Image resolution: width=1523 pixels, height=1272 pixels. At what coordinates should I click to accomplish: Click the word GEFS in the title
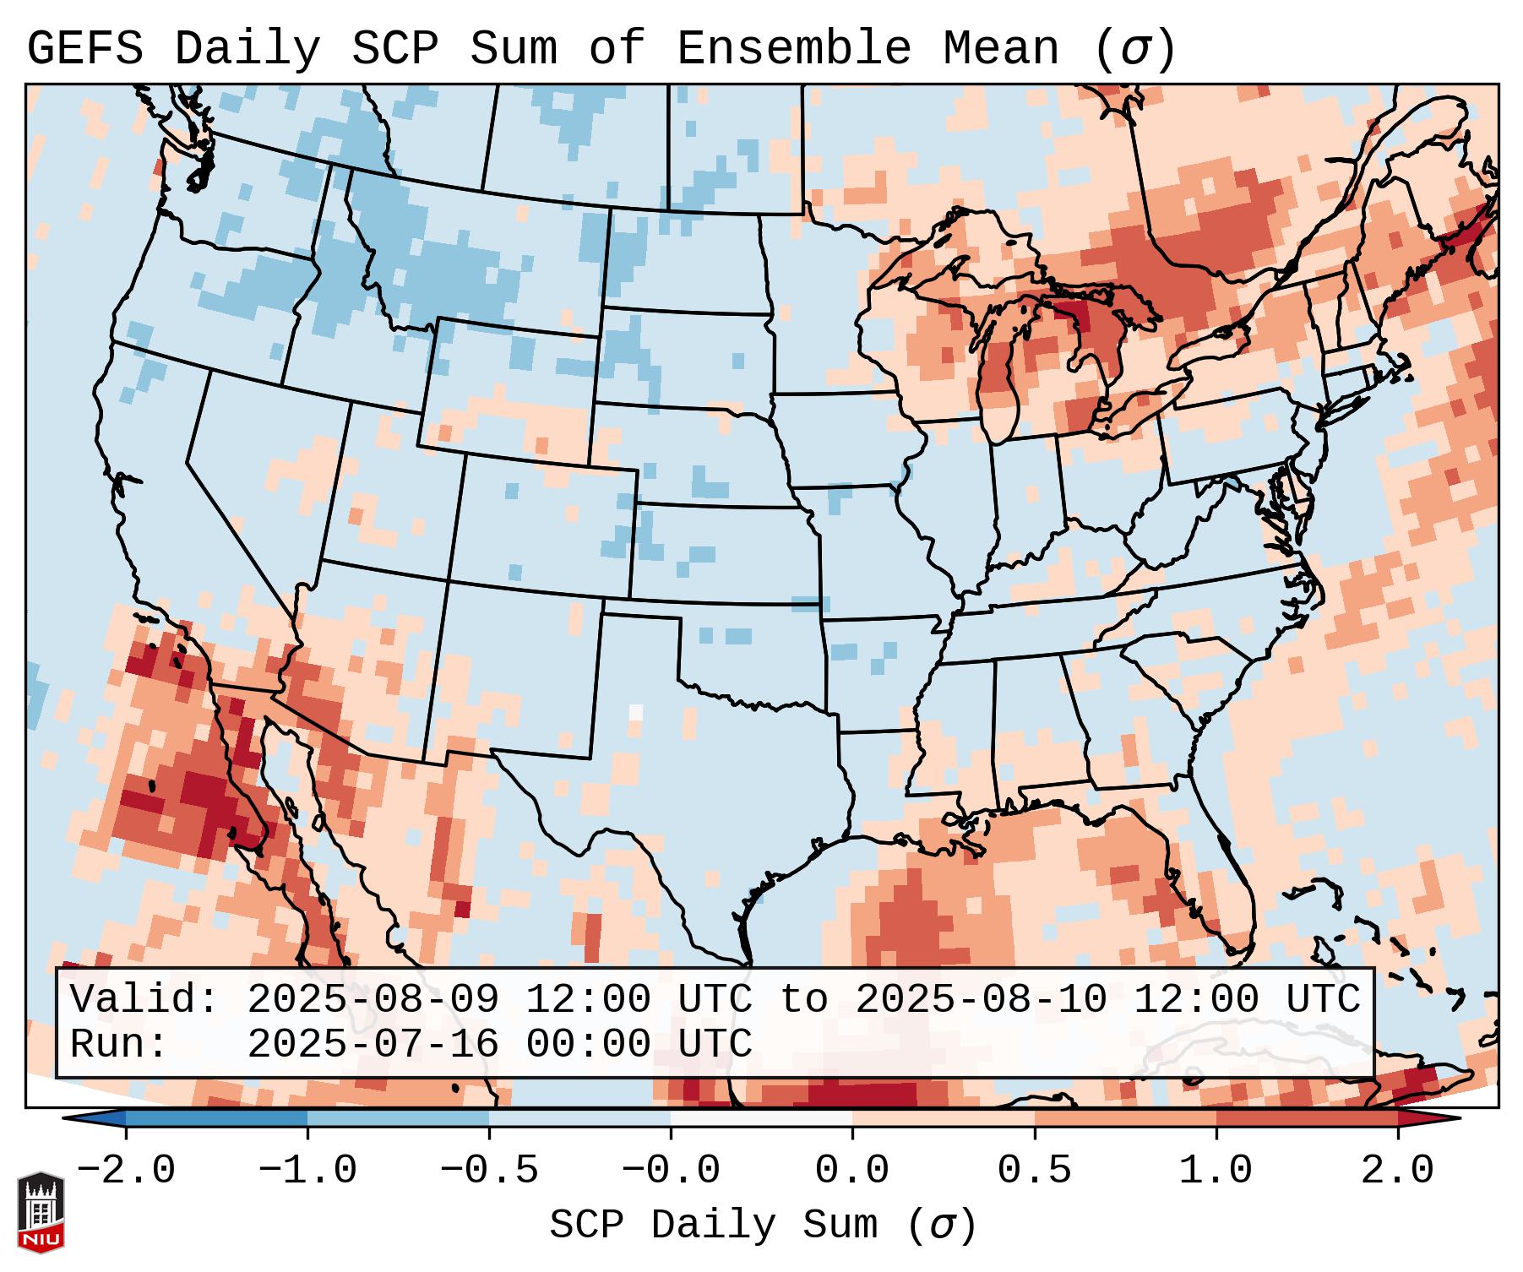[x=84, y=49]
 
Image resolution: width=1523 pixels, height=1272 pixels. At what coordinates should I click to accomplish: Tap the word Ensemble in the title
[x=793, y=49]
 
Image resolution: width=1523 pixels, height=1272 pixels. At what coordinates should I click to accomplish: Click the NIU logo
[x=41, y=1213]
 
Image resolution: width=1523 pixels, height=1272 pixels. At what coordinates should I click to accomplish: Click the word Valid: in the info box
[x=144, y=1000]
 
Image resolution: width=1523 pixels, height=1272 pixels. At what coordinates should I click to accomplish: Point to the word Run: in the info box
[x=119, y=1045]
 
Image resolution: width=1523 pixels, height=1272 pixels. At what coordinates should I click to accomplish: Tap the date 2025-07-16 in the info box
[x=373, y=1045]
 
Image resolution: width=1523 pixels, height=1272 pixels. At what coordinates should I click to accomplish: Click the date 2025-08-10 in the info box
[x=981, y=1000]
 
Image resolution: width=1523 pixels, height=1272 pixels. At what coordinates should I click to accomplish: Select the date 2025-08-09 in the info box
[x=373, y=1000]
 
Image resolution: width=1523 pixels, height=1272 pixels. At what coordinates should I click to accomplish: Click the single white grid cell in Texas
[x=636, y=711]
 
